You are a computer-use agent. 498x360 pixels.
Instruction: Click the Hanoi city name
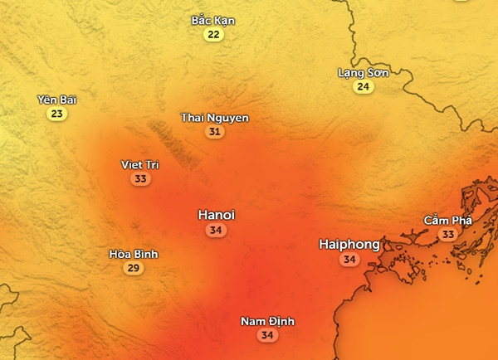point(216,215)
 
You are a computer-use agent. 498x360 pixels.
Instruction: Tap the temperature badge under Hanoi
point(216,231)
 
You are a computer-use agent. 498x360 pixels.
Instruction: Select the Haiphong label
point(349,245)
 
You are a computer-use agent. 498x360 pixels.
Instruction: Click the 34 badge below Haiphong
point(349,260)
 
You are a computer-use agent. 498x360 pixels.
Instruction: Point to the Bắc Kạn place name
point(213,20)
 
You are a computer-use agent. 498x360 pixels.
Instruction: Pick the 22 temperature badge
point(214,35)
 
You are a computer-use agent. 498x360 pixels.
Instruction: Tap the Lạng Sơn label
point(363,72)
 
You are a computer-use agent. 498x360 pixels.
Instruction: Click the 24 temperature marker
point(363,87)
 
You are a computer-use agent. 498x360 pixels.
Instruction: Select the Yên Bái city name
point(56,100)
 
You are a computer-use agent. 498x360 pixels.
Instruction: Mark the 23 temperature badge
point(56,114)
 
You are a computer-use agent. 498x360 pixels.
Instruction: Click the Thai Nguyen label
point(215,118)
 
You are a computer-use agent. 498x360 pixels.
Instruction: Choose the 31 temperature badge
point(215,132)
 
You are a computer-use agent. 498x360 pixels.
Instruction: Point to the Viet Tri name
point(139,164)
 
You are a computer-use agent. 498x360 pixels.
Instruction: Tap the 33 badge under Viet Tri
point(139,179)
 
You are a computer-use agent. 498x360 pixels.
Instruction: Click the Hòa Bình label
point(133,254)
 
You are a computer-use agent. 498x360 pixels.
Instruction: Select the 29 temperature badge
point(133,269)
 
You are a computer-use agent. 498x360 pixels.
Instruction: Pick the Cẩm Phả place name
point(447,220)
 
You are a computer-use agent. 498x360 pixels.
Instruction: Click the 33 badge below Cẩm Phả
point(448,235)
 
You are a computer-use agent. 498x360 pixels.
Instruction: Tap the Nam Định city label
point(267,321)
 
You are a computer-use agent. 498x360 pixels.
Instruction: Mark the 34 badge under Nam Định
point(267,336)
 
